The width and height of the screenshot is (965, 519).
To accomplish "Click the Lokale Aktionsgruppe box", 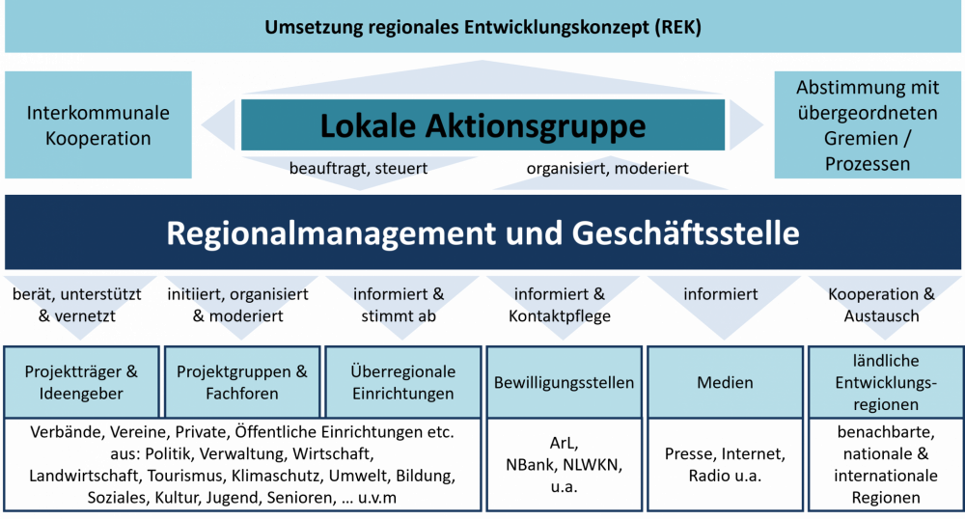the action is (482, 124).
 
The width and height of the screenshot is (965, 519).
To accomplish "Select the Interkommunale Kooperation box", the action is (98, 124).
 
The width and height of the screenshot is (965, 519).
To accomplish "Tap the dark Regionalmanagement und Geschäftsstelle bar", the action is (482, 232).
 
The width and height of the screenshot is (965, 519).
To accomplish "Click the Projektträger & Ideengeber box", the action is (81, 382).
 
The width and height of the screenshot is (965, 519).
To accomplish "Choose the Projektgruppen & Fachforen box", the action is (242, 382).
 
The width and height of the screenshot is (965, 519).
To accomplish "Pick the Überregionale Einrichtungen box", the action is (403, 382).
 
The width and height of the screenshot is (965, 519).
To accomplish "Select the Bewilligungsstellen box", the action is (564, 382).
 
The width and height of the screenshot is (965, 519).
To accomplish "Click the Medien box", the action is (725, 382).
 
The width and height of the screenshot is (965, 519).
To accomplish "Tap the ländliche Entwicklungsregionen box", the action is (886, 382).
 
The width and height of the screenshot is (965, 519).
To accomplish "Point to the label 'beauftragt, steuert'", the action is (358, 168).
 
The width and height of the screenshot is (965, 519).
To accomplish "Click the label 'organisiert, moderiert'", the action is (607, 168).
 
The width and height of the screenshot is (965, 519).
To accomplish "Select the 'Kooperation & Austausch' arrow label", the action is (881, 305).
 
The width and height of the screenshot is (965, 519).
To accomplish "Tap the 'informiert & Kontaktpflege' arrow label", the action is (560, 305).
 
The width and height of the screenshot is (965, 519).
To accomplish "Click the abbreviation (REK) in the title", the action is (677, 27).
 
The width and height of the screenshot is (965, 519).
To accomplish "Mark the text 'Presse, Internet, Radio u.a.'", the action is (725, 465).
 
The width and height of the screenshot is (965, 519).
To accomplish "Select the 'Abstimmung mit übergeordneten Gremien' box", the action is (868, 124).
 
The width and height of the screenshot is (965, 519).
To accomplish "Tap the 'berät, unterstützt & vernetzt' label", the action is (77, 305).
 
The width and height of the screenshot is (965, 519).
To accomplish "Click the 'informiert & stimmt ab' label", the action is (399, 305).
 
